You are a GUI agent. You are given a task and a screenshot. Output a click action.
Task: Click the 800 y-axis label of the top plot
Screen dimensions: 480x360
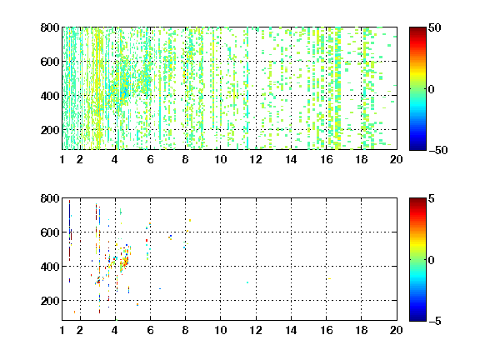click(x=50, y=27)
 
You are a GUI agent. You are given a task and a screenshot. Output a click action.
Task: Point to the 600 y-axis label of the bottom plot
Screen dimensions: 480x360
click(x=50, y=232)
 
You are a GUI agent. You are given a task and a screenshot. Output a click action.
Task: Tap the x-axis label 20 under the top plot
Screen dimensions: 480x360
click(x=396, y=159)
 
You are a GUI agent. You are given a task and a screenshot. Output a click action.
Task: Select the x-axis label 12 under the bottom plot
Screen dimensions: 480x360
click(x=256, y=330)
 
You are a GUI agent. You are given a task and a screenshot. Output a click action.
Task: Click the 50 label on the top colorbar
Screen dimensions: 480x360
click(x=435, y=27)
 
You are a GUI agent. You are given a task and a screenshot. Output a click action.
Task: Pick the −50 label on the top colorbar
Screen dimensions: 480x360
click(x=438, y=150)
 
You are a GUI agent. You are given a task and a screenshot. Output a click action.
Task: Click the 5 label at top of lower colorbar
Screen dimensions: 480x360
click(x=432, y=198)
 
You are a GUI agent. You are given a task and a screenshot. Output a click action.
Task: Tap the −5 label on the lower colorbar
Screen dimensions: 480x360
click(x=435, y=321)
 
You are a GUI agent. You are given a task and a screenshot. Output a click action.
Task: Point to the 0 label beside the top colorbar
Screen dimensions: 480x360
click(x=432, y=89)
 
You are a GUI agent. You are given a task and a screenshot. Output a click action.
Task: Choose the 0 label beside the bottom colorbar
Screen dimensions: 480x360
click(x=432, y=260)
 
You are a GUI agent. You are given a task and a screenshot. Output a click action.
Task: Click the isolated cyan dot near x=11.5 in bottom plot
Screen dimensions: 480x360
click(x=247, y=282)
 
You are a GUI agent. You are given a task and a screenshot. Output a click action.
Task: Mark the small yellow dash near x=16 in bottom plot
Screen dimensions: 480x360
click(x=329, y=278)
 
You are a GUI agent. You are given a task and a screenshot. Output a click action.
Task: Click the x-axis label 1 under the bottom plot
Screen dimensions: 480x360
click(x=62, y=330)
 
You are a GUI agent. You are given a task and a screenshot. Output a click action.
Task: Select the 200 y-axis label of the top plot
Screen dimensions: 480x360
click(x=50, y=130)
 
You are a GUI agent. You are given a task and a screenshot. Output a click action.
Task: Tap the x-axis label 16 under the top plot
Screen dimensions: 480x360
click(x=327, y=159)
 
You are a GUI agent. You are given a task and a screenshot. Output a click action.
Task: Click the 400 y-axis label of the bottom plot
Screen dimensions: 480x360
click(x=50, y=267)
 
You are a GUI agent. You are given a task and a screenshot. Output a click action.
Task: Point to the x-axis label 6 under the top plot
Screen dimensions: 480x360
click(x=150, y=159)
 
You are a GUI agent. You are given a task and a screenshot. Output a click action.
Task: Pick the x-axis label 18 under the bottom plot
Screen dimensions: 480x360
click(x=361, y=330)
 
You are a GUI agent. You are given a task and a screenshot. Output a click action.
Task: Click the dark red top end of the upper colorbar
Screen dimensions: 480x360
click(x=417, y=29)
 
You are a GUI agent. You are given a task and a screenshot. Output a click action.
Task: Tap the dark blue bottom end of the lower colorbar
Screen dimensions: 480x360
click(x=417, y=319)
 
